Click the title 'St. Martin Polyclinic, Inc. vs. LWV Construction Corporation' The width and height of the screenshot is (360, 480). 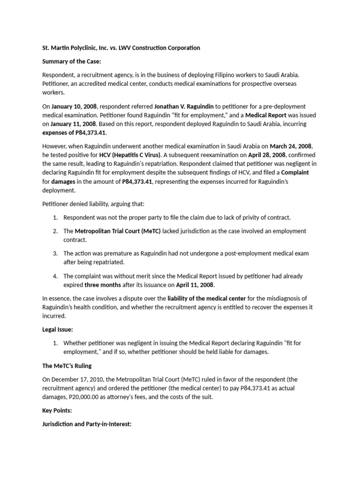tap(121, 48)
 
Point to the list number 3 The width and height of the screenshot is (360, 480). tap(55, 253)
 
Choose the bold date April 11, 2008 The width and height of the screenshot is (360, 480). tap(195, 285)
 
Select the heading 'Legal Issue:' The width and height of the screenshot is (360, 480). tap(57, 330)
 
